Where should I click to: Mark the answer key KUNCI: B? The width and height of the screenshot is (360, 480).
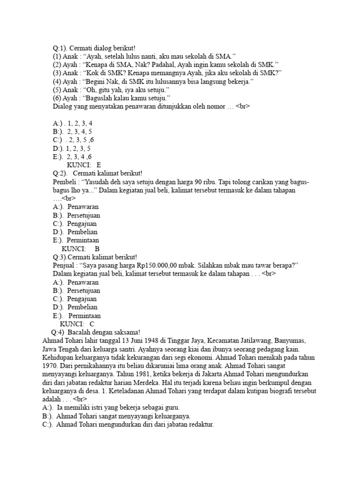coord(81,248)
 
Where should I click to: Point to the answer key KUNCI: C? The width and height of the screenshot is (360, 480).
coord(77,324)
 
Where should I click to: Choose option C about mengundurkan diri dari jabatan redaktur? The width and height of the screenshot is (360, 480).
coord(127,425)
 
